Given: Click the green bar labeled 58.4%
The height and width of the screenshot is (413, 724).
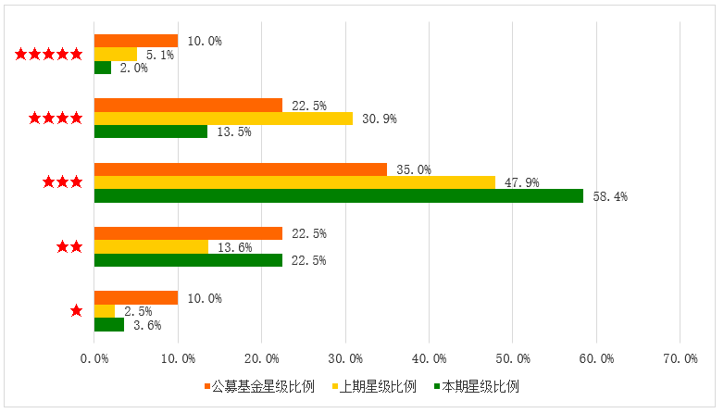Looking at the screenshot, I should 338,195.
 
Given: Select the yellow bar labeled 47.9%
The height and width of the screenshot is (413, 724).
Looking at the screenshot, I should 294,182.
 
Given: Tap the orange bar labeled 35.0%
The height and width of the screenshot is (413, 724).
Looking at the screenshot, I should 241,169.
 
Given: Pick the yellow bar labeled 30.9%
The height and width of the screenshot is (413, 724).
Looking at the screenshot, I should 223,119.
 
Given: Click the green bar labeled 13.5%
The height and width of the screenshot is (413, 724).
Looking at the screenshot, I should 151,131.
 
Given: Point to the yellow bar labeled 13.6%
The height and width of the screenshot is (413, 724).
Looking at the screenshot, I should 151,246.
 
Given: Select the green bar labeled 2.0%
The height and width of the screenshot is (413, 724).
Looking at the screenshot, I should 103,68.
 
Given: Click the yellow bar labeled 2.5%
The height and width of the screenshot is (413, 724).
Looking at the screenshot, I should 105,311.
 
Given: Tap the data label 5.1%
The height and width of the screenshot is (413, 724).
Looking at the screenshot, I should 159,55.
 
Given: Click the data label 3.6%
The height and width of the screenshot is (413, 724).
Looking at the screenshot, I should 146,325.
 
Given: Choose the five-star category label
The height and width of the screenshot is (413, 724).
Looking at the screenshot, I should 49,54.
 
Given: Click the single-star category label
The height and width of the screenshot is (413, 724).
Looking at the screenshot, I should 76,311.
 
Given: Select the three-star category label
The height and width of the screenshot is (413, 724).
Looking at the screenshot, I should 62,182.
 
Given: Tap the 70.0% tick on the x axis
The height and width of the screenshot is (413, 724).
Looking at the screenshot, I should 680,357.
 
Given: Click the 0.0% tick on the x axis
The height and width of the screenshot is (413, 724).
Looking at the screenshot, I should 94,357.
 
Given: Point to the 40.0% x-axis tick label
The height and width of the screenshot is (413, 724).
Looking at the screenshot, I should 429,357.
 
